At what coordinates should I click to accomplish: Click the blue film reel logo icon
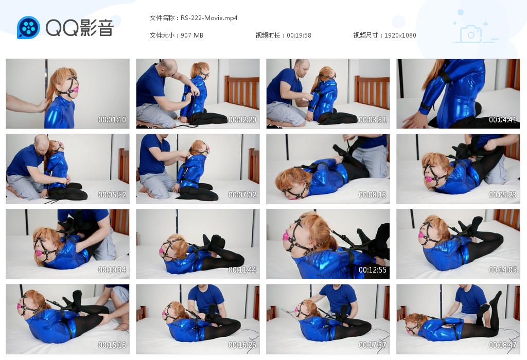click(x=28, y=28)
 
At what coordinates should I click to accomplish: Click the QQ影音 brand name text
click(x=80, y=28)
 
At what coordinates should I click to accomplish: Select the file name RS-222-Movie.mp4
click(x=209, y=18)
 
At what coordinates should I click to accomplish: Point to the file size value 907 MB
click(x=192, y=35)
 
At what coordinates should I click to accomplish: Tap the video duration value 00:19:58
click(x=299, y=35)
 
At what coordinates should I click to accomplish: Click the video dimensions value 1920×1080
click(x=400, y=35)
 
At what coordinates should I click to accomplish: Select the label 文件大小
click(x=161, y=35)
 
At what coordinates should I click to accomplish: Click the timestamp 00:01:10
click(x=112, y=119)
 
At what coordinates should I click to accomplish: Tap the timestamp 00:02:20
click(x=242, y=119)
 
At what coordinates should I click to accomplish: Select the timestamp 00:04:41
click(x=502, y=119)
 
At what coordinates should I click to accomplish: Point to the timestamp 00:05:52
click(x=112, y=195)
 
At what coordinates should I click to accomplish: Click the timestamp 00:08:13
click(x=373, y=195)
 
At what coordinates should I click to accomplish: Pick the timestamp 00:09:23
click(x=502, y=195)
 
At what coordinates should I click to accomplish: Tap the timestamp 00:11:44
click(x=242, y=269)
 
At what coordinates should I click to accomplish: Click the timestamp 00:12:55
click(x=373, y=269)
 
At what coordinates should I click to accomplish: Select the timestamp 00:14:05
click(x=502, y=269)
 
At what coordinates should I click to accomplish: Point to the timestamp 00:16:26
click(x=242, y=345)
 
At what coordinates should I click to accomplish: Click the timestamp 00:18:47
click(x=502, y=345)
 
